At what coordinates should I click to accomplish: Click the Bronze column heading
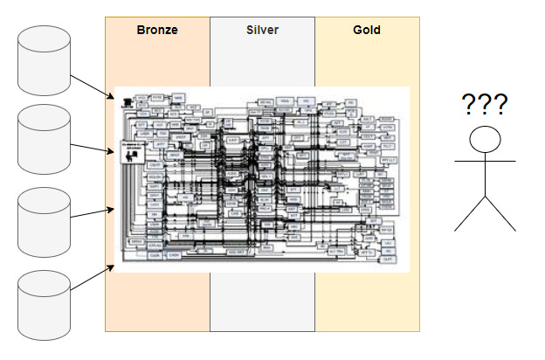[157, 30]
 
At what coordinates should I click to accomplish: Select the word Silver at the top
[261, 30]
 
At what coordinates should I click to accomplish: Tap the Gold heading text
[366, 30]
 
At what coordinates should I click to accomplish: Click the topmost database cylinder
[44, 61]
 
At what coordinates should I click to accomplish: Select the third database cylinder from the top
[44, 218]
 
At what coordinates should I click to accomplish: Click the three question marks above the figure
[485, 105]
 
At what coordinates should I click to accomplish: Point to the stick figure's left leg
[470, 214]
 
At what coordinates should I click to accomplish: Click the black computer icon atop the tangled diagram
[128, 100]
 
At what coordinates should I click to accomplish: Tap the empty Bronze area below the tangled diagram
[157, 301]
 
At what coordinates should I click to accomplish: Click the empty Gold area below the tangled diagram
[367, 301]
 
